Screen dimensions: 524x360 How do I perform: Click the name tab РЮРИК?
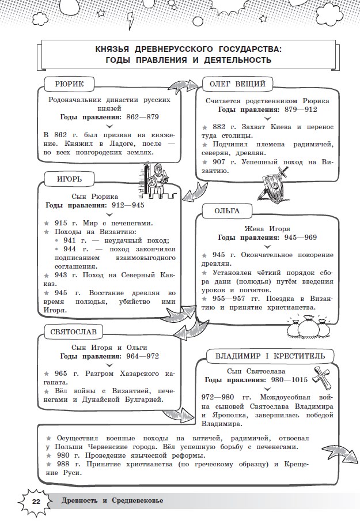[x=69, y=84]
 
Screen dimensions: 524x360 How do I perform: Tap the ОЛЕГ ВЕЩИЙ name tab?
[x=237, y=84]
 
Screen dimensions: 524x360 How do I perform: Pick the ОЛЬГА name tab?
[x=227, y=210]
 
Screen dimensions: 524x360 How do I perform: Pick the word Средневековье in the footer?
[x=134, y=500]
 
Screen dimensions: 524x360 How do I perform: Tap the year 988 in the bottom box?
[x=62, y=465]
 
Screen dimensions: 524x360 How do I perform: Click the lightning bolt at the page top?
[x=132, y=21]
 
